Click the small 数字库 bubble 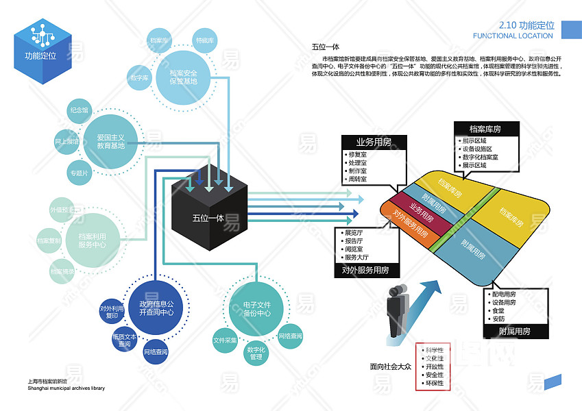pos(140,78)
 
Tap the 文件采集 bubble pos(225,340)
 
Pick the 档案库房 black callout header pos(485,129)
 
